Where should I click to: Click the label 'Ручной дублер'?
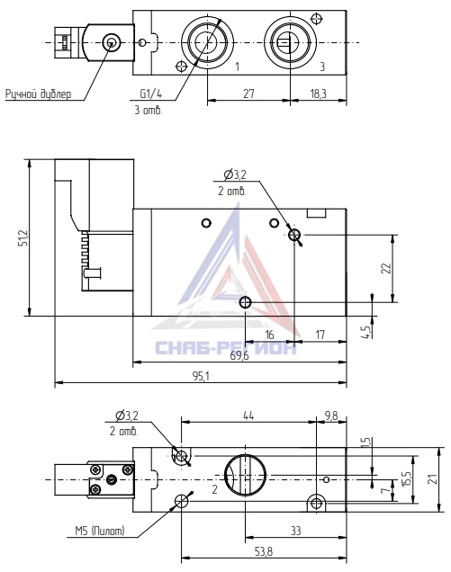[x=38, y=94]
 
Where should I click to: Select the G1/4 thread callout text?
[x=151, y=94]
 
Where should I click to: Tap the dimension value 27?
[x=248, y=94]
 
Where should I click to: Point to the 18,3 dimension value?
[x=318, y=94]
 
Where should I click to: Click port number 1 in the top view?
[x=238, y=67]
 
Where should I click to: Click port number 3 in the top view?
[x=322, y=67]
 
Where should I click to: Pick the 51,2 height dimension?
[x=23, y=237]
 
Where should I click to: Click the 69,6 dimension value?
[x=239, y=355]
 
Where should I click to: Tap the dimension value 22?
[x=386, y=269]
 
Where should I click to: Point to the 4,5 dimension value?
[x=367, y=332]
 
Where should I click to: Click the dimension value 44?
[x=248, y=416]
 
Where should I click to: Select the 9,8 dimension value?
[x=331, y=416]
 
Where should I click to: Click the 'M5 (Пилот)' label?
[x=100, y=531]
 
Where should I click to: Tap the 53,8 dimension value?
[x=264, y=551]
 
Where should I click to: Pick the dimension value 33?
[x=296, y=531]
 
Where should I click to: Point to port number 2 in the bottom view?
[x=215, y=489]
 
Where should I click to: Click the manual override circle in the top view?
[x=110, y=43]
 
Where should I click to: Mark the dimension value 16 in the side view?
[x=269, y=335]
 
